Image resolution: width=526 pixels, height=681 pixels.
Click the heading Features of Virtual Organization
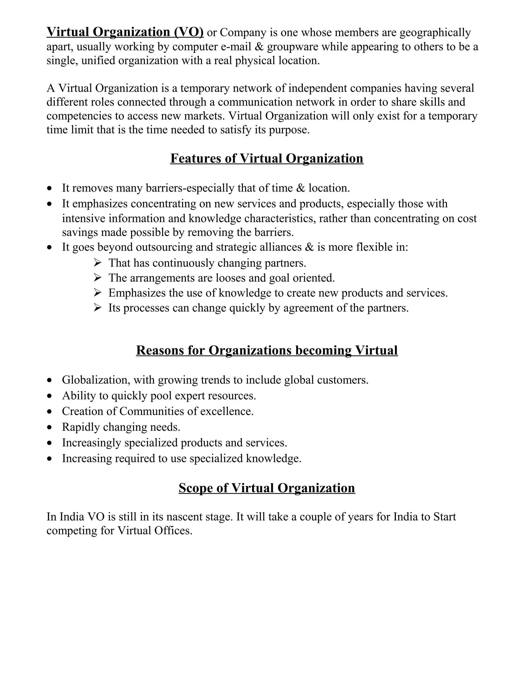point(267,158)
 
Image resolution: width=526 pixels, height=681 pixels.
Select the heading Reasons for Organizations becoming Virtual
point(267,350)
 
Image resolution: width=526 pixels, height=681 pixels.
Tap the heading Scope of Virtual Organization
point(267,488)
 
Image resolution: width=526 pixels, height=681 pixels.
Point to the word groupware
point(293,47)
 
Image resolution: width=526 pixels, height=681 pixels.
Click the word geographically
point(435,32)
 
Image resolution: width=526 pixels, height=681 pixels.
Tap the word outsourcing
point(164,247)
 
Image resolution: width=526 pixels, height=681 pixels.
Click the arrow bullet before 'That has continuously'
point(98,263)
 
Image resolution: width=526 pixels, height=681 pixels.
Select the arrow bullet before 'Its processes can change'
point(98,308)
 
